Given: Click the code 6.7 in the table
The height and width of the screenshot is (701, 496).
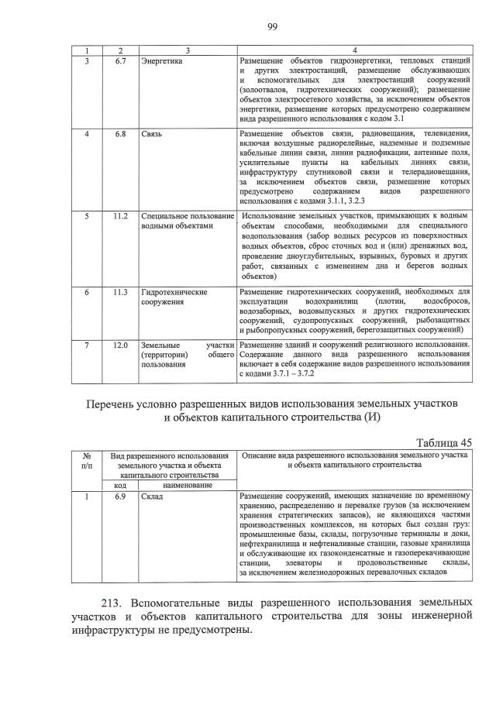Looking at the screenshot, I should point(120,60).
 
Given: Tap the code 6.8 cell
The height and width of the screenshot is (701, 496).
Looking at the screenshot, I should point(120,135).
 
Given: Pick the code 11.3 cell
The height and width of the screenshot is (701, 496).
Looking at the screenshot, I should point(120,292).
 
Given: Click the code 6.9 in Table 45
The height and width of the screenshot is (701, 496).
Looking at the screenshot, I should point(120,496).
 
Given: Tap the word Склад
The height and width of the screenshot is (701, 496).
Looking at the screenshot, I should point(152,496).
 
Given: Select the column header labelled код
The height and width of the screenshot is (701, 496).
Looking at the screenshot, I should point(120,485).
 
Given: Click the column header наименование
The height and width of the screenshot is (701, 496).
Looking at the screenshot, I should point(187,485).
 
